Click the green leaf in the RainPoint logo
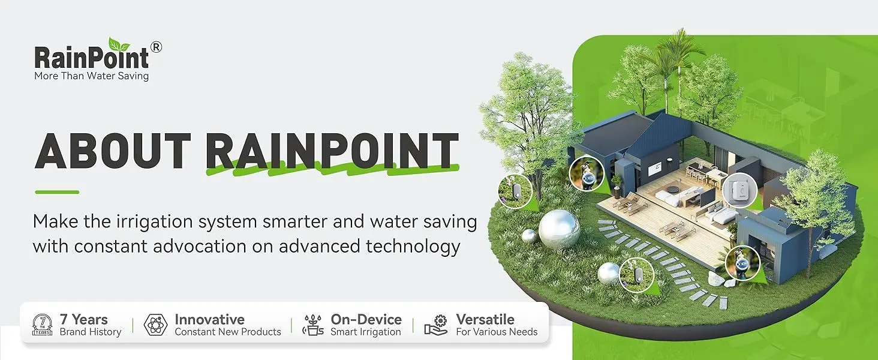point(119,44)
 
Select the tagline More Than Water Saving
point(91,76)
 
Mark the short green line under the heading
point(57,192)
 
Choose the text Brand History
point(91,332)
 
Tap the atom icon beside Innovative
point(155,325)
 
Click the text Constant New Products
point(228,332)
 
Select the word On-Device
point(366,319)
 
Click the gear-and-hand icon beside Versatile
point(436,325)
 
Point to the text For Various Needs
point(497,332)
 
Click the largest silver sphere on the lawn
point(559,229)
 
